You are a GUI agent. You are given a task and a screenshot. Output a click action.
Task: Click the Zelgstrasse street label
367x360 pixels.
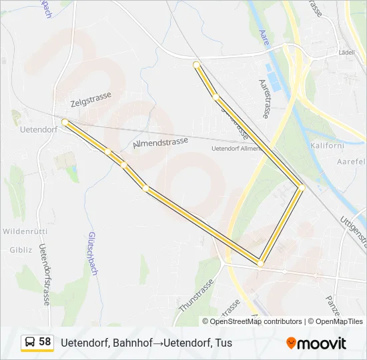pos(91,100)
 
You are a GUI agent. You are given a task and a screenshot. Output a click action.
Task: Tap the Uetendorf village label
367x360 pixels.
pos(36,128)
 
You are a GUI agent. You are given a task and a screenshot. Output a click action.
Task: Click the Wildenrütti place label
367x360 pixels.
pos(23,231)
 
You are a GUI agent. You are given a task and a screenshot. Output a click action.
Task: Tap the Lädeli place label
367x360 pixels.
pos(347,52)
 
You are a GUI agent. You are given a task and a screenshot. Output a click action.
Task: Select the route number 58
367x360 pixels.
pos(45,342)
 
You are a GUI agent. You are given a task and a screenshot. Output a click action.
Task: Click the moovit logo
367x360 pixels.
pos(316,343)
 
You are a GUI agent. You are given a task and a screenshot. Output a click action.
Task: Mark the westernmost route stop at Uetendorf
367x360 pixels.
pos(65,122)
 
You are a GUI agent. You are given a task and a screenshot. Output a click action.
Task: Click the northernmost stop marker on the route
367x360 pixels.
pos(196,65)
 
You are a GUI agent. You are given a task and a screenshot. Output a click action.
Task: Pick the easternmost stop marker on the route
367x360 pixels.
pos(302,188)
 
